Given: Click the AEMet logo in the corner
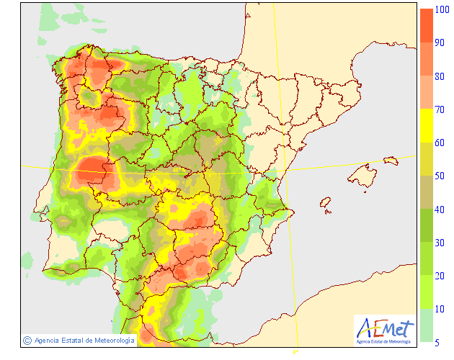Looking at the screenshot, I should click(x=386, y=330).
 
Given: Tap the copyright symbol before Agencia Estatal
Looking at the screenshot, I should click(x=27, y=340).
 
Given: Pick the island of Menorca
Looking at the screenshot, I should click(x=391, y=161).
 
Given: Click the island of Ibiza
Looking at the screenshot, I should click(x=326, y=204).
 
